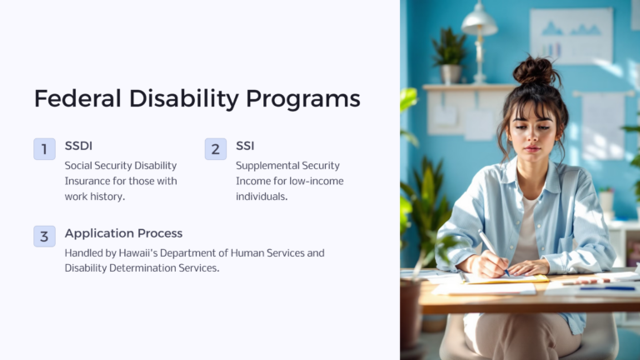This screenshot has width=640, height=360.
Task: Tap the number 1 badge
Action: pyautogui.click(x=44, y=149)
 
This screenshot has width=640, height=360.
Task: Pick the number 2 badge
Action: pyautogui.click(x=215, y=149)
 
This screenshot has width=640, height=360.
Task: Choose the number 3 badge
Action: pyautogui.click(x=44, y=236)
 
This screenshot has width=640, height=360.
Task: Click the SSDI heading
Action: pyautogui.click(x=79, y=147)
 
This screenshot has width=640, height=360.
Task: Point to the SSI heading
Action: pyautogui.click(x=245, y=147)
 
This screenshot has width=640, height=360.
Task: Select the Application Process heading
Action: pyautogui.click(x=123, y=233)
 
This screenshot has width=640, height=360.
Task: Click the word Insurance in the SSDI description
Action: pyautogui.click(x=89, y=181)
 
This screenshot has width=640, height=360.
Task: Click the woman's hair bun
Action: pyautogui.click(x=535, y=70)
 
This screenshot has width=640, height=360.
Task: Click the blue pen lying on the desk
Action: pyautogui.click(x=607, y=287)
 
